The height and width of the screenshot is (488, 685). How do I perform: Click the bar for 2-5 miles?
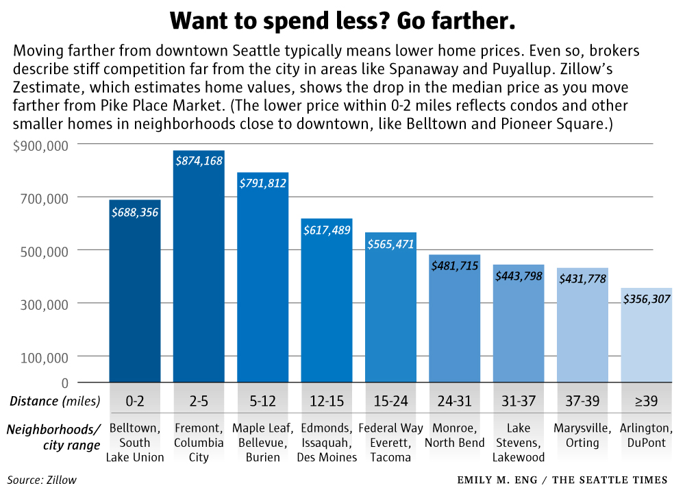point(199,274)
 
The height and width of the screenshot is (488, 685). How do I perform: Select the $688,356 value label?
point(135,212)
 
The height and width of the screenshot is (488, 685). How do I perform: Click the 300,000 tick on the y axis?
point(46,304)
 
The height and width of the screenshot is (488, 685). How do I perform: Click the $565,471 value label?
point(390,244)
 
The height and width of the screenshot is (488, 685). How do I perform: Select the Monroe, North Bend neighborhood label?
point(455,435)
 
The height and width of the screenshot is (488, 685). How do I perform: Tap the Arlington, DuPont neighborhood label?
point(647,435)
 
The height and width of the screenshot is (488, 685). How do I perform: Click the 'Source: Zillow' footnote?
point(42,480)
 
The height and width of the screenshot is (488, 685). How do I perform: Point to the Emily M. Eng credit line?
point(562,480)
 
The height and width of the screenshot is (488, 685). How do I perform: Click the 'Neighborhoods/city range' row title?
point(54,437)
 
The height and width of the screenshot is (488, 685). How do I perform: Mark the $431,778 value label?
point(582,279)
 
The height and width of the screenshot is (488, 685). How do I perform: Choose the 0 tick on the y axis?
point(64,382)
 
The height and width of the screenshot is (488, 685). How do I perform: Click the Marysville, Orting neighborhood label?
point(582,435)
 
